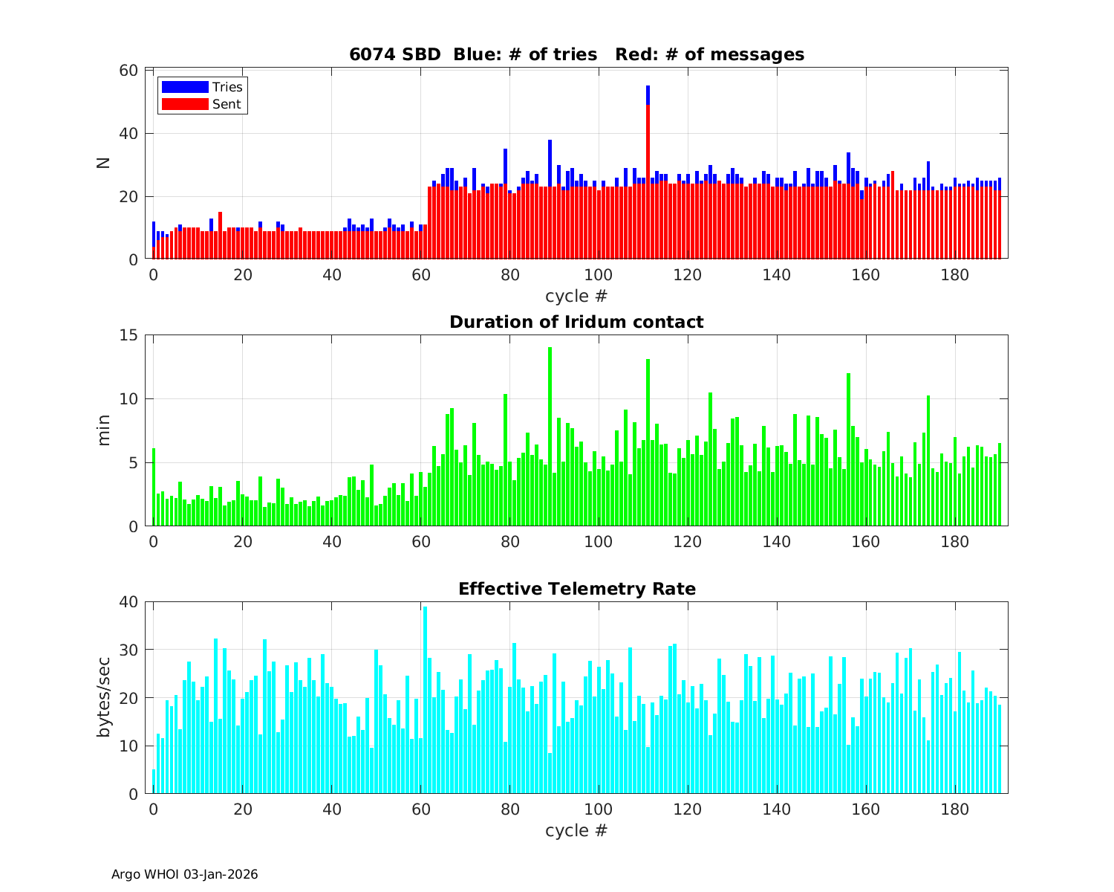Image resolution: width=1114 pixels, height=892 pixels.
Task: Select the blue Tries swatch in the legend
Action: (x=184, y=87)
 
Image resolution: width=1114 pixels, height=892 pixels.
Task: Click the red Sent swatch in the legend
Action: (x=184, y=104)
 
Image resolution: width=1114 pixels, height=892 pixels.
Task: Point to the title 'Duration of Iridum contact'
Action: (x=576, y=322)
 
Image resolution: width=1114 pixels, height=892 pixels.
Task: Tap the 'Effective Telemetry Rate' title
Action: (x=576, y=589)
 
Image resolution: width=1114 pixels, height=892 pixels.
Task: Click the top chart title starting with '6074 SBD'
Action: (x=576, y=54)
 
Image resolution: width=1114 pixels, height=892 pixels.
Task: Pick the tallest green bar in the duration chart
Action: (x=550, y=439)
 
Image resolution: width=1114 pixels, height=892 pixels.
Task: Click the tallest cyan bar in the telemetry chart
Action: (x=425, y=699)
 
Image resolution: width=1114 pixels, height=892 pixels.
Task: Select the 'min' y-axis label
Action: (x=104, y=430)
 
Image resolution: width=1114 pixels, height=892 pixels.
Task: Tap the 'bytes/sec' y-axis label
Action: (x=104, y=697)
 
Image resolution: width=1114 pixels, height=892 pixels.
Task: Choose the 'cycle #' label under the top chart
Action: (x=576, y=296)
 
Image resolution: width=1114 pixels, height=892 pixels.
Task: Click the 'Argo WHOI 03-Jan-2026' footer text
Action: (x=184, y=874)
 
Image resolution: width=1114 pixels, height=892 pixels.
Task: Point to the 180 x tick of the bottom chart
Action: (x=955, y=809)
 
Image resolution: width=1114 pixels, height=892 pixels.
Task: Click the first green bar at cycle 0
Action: (x=154, y=487)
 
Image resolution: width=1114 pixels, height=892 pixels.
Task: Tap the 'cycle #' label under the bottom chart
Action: (x=576, y=830)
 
